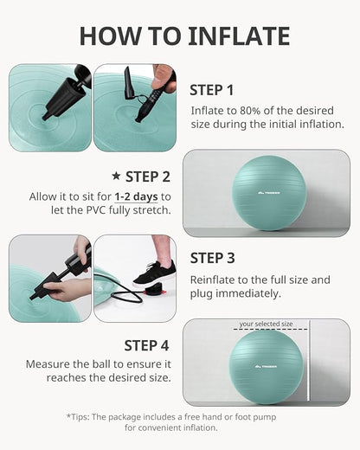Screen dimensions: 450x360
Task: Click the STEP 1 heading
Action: point(212,89)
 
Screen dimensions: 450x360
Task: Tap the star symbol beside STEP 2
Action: point(117,177)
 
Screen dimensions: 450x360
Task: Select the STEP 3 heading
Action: point(212,257)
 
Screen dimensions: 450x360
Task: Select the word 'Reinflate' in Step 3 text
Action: point(212,280)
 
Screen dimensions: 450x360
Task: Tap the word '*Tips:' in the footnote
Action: point(83,416)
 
